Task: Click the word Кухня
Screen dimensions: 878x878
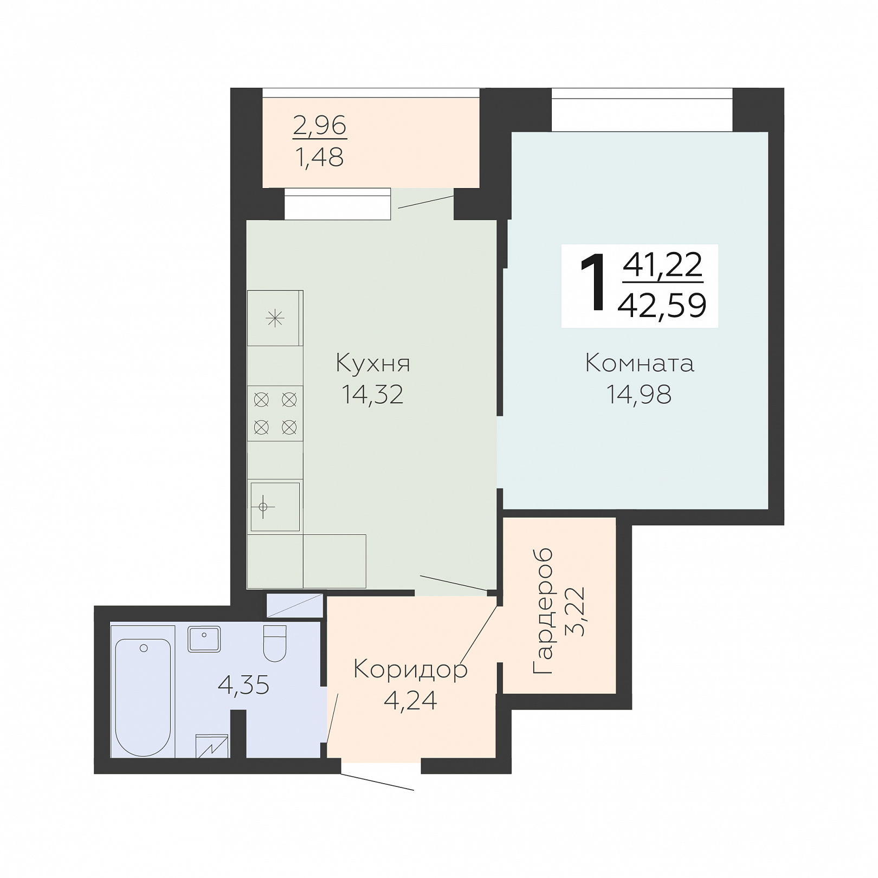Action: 373,364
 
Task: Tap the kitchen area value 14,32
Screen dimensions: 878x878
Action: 372,395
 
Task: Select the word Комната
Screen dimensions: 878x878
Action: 640,363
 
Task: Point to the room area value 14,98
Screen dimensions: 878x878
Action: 639,395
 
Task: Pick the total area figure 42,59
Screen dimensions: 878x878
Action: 662,305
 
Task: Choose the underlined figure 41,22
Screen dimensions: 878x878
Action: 663,265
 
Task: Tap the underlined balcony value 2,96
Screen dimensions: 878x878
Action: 320,126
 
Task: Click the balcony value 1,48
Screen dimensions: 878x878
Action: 320,157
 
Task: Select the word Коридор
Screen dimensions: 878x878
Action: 410,670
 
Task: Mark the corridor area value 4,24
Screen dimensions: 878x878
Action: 410,700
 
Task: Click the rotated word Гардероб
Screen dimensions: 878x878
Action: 544,611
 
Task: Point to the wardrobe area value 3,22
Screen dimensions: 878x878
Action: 575,611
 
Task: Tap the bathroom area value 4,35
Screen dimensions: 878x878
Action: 243,685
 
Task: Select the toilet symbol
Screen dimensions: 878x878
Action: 275,643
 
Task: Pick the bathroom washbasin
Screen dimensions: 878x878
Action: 204,639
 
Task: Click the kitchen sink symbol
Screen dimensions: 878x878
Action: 275,507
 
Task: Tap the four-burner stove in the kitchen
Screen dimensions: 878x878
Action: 275,414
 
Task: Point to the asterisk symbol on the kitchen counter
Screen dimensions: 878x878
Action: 275,318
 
